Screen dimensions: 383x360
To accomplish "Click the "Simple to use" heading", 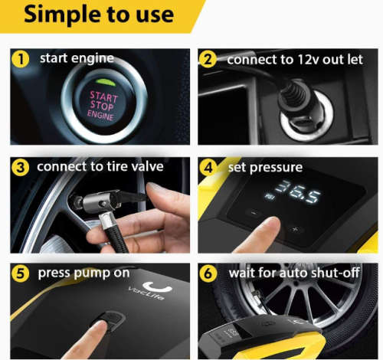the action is [x=99, y=15].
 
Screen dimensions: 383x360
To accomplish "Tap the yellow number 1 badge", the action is [x=21, y=59].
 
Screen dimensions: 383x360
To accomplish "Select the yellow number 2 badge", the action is [x=208, y=59].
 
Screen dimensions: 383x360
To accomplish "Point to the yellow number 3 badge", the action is [x=21, y=167].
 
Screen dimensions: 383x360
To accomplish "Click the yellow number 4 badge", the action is [x=208, y=167].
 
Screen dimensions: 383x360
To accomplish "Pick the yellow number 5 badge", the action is [x=21, y=273].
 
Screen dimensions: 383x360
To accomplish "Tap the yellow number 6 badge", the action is [x=208, y=273].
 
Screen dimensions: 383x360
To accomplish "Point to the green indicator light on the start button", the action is [x=106, y=82].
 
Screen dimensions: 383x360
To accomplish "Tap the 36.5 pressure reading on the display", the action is [x=298, y=191].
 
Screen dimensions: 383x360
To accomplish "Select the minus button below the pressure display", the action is [x=254, y=212].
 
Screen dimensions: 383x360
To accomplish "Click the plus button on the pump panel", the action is [x=296, y=229].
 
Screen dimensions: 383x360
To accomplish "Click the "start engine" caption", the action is [x=77, y=58].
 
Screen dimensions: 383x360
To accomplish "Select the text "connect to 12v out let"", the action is [x=295, y=60].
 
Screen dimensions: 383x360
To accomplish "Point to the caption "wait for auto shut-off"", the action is [x=294, y=273].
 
